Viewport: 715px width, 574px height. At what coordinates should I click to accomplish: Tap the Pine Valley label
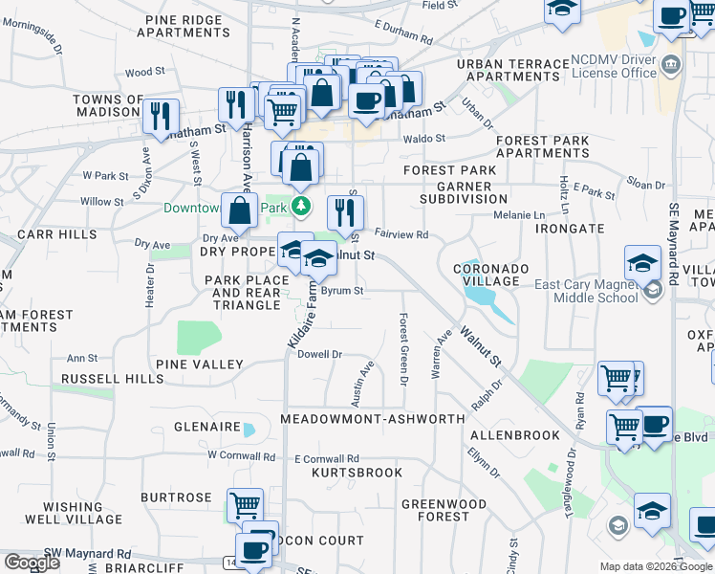pos(200,364)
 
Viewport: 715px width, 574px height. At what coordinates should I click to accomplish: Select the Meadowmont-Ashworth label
pos(373,419)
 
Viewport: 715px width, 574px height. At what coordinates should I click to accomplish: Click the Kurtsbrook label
pos(357,473)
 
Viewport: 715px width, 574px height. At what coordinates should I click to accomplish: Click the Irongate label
pos(570,229)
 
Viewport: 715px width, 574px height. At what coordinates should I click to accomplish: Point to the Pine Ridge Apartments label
pos(183,26)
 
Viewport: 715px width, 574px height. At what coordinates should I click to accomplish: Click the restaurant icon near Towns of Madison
pos(162,118)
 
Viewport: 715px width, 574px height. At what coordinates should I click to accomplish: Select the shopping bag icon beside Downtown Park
pos(239,210)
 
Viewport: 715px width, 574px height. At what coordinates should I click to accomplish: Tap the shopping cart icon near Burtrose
pos(245,504)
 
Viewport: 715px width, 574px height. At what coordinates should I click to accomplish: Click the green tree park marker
pos(301,206)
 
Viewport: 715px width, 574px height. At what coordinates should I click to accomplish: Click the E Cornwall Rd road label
pos(327,458)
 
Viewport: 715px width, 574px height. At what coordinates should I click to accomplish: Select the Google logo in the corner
pos(32,563)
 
